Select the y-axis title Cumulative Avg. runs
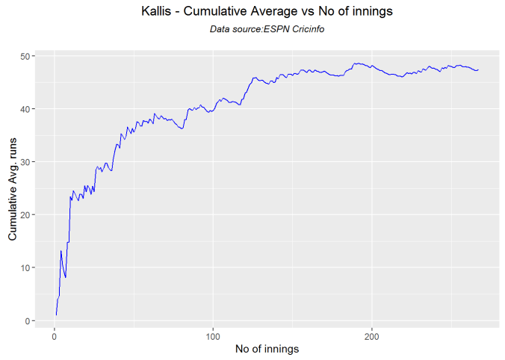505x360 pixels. click(12, 188)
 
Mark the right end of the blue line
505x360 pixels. click(478, 70)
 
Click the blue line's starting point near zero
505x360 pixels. click(56, 314)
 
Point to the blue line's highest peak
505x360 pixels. click(357, 63)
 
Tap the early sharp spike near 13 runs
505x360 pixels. click(61, 251)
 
